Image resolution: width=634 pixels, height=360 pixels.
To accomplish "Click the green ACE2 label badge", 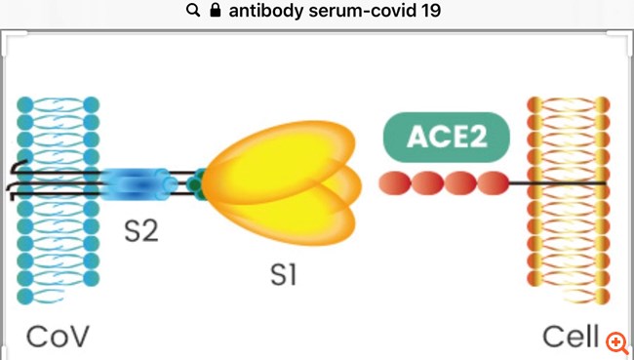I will (x=446, y=138).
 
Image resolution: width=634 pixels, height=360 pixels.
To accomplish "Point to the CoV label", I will (x=58, y=338).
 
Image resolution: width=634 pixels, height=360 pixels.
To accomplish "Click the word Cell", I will (x=571, y=338).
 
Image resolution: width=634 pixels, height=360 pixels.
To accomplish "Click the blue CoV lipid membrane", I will (x=58, y=244).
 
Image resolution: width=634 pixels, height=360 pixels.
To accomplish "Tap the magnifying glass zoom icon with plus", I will (x=615, y=341).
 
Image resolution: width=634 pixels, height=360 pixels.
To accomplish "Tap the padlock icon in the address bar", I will (x=216, y=12).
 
